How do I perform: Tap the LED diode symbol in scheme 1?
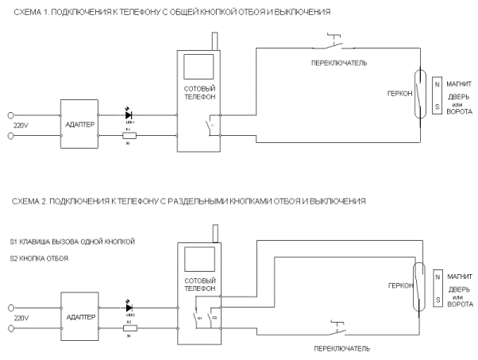click(129, 115)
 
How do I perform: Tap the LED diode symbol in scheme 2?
click(129, 305)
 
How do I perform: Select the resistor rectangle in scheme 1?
click(129, 135)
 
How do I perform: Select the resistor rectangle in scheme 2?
click(129, 325)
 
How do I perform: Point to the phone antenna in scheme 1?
click(214, 41)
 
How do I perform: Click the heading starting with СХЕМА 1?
click(166, 14)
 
